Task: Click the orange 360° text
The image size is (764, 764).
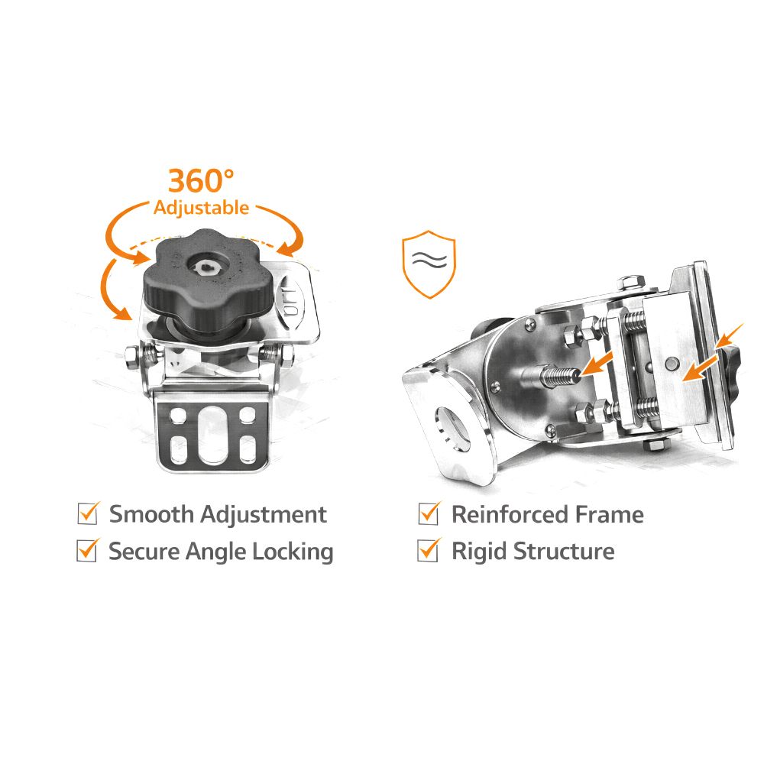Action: (x=201, y=181)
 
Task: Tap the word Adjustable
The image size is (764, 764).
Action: (x=201, y=208)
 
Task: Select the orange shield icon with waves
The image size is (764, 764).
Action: (x=429, y=264)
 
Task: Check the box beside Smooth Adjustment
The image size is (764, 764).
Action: (x=88, y=513)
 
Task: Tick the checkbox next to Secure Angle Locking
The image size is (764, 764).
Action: (x=88, y=550)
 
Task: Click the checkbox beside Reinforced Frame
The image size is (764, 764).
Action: (x=429, y=513)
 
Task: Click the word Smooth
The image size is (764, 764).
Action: (x=151, y=514)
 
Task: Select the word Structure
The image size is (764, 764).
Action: (x=564, y=552)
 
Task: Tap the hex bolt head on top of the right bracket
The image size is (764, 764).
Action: (x=630, y=283)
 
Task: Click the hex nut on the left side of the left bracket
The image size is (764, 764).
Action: (x=132, y=357)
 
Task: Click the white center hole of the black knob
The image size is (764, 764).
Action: (x=206, y=266)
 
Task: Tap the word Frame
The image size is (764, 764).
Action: (x=610, y=514)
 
